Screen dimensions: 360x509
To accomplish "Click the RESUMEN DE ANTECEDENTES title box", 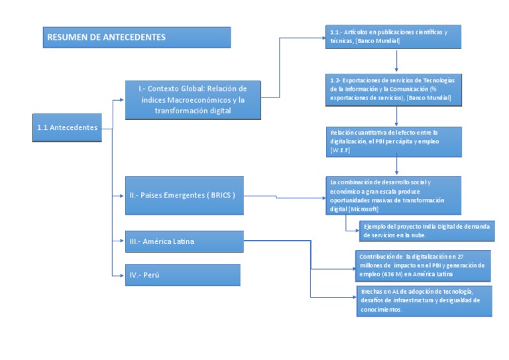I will point(137,37).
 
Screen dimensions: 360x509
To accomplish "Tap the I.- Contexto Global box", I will point(192,99).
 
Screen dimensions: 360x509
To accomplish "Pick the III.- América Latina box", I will point(184,242).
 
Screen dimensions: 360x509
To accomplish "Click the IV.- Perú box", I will point(182,274).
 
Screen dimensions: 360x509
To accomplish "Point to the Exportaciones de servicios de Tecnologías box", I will point(396,89).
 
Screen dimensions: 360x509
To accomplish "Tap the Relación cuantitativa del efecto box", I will point(396,141).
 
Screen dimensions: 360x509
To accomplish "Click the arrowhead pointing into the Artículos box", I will point(323,38).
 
